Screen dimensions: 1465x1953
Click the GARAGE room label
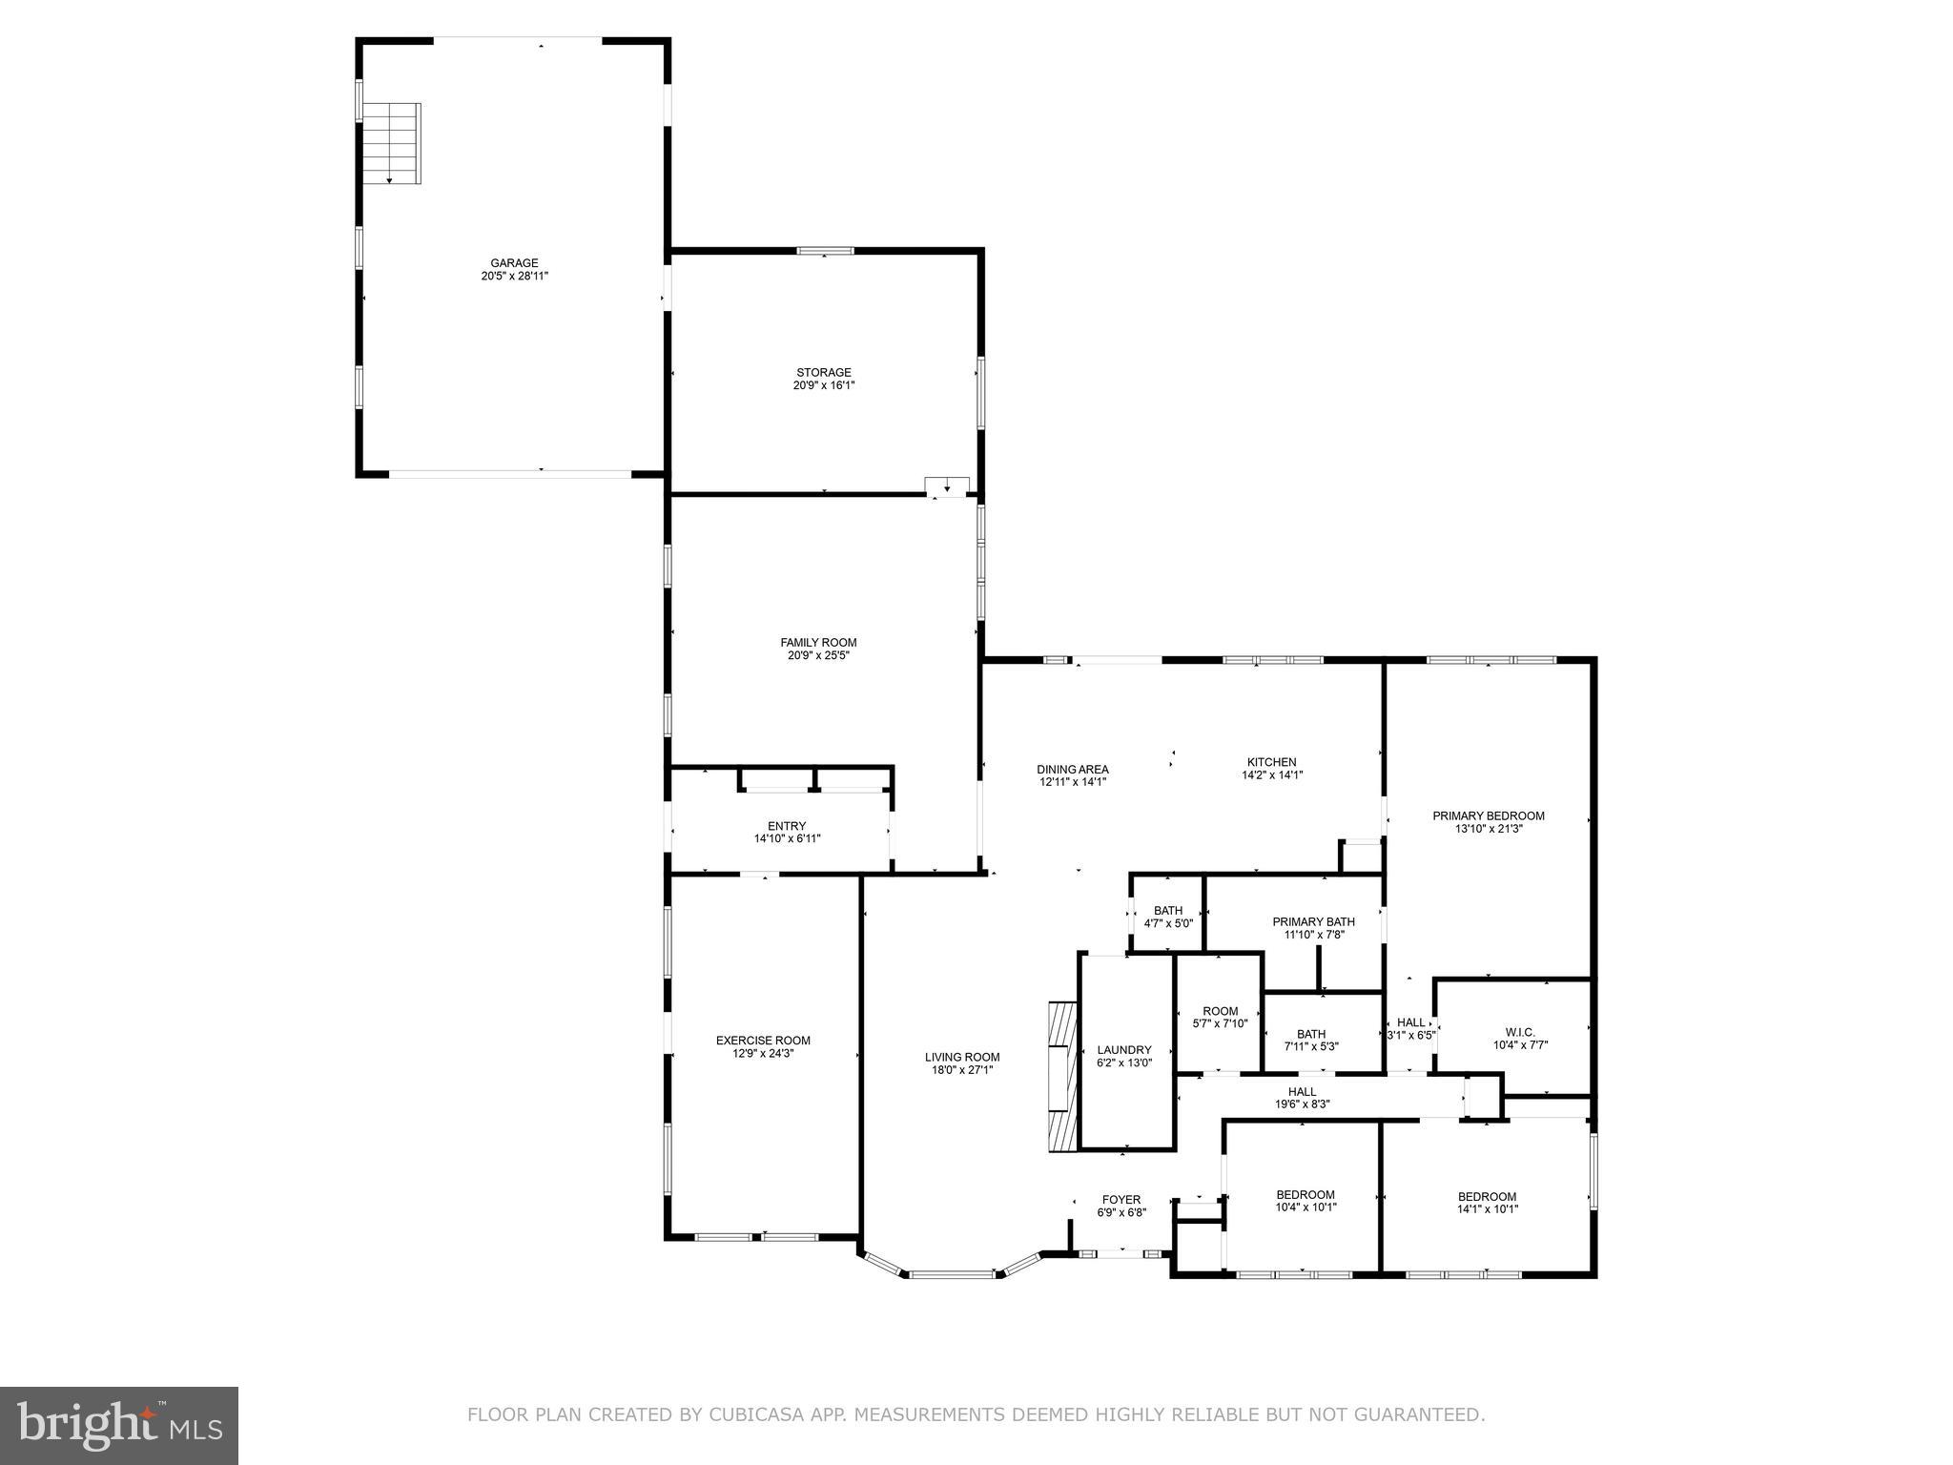pos(514,263)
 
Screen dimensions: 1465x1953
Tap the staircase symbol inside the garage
pos(392,143)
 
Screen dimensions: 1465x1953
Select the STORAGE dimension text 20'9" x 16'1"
pos(824,385)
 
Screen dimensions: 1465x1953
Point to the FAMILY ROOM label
pos(818,643)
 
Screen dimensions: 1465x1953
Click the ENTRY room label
pos(787,826)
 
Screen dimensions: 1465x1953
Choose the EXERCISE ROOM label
pos(763,1041)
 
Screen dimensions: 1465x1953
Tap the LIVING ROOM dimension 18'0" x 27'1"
pos(962,1070)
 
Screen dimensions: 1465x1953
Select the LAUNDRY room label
pos(1124,1049)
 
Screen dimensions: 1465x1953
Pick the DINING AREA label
pos(1073,769)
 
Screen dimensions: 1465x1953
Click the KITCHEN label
pos(1271,762)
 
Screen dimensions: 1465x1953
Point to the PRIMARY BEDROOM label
pos(1488,815)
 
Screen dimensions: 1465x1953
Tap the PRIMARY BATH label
pos(1313,921)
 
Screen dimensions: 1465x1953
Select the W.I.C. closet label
pos(1520,1032)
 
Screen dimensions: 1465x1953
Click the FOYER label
pos(1120,1200)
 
